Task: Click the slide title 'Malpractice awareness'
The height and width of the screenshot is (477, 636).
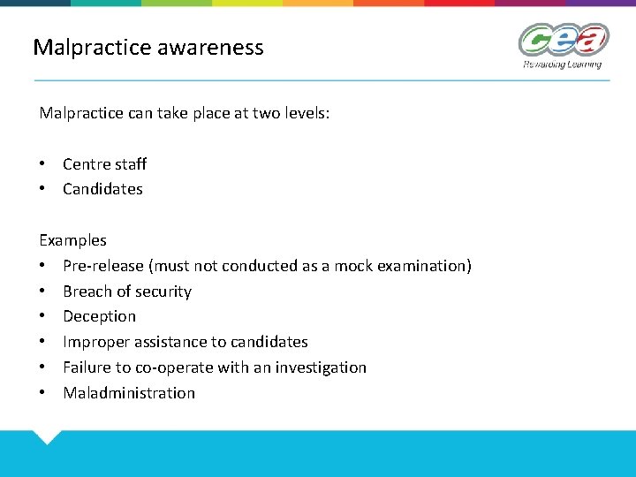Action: [x=148, y=47]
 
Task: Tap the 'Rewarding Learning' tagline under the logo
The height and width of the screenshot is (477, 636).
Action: [x=562, y=64]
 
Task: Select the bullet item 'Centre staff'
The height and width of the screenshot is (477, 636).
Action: [x=104, y=163]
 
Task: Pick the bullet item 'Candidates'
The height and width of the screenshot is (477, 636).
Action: [x=102, y=189]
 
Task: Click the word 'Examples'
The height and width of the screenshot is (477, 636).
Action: [x=72, y=240]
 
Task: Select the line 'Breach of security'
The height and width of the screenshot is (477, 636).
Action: [x=127, y=291]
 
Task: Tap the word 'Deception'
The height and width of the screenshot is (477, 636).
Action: [x=99, y=316]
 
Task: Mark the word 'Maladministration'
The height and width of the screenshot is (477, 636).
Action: [x=129, y=393]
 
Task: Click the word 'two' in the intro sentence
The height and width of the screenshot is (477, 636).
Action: [x=263, y=114]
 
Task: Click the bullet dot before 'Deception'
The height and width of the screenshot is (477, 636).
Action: [x=43, y=316]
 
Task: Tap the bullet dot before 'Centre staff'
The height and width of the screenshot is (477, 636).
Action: [x=43, y=163]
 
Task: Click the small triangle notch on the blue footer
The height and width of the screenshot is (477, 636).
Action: [x=46, y=436]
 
